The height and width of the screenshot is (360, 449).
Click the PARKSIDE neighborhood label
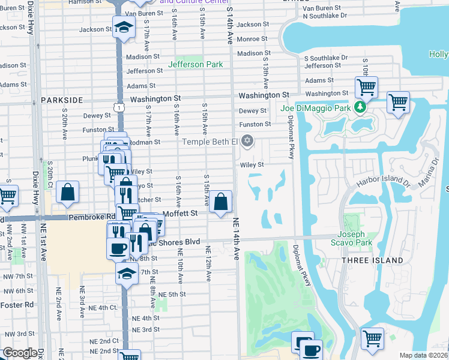pos(62,100)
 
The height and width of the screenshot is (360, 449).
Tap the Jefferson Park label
pos(196,64)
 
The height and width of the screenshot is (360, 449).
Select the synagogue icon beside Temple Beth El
pos(247,142)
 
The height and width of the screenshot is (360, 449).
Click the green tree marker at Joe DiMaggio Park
pos(360,107)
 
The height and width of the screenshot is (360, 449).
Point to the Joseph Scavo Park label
pos(351,238)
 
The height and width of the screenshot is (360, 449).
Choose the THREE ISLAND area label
pos(373,260)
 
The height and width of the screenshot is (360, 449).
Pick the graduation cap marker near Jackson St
pos(124,27)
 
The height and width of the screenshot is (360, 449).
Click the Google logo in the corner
pos(20,353)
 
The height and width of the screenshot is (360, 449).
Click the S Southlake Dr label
pos(325,58)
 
